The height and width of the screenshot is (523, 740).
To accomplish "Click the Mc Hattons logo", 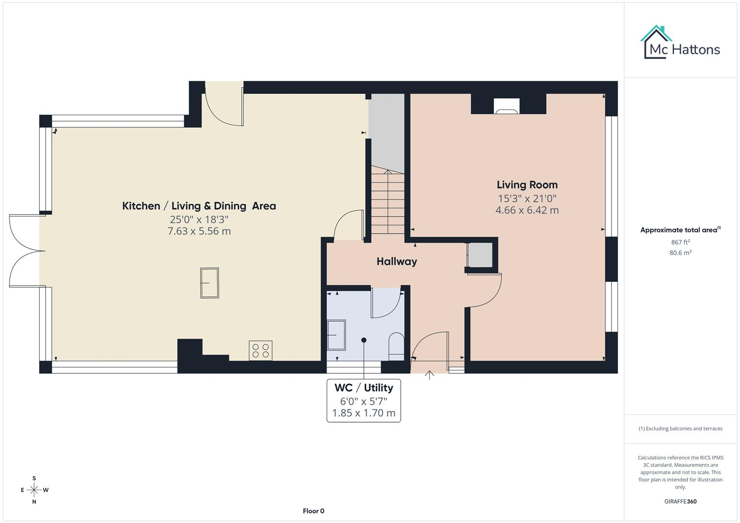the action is [x=680, y=43].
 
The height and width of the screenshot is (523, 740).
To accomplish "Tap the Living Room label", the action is [x=527, y=185].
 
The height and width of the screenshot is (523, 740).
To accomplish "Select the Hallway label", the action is [x=397, y=261].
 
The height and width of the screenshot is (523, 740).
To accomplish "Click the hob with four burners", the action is [x=260, y=350].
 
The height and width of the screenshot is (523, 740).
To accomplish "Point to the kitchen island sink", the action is [x=209, y=283].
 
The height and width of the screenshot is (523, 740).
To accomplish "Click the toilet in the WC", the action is [x=396, y=346].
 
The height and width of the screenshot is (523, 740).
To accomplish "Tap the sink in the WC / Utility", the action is [x=336, y=335].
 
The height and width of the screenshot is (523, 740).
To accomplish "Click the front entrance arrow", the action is [x=429, y=375].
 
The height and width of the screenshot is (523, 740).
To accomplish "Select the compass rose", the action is [x=34, y=490].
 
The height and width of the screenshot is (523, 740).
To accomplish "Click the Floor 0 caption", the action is [x=314, y=511].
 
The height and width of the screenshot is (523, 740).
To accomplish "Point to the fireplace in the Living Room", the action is [x=507, y=107].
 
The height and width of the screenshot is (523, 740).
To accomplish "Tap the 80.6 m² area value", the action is [x=680, y=253].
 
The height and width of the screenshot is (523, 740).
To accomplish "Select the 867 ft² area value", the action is [x=680, y=242].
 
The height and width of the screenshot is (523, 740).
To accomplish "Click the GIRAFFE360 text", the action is [x=680, y=501].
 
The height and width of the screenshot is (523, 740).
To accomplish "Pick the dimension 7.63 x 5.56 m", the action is [x=199, y=231].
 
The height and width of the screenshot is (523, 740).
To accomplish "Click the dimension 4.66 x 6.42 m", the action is [x=527, y=210].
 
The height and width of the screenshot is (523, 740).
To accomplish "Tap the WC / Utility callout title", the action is [x=364, y=387].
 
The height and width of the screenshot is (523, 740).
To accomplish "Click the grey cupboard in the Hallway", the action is [x=480, y=255].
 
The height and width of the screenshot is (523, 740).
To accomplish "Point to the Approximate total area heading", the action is [x=680, y=230].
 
